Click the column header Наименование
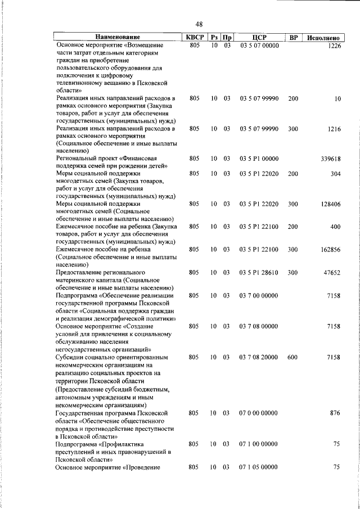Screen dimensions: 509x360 click(118, 38)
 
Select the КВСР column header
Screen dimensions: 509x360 click(195, 38)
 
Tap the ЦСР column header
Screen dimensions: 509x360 click(259, 38)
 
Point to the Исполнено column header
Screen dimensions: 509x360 click(323, 38)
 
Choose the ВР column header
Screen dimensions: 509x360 click(293, 38)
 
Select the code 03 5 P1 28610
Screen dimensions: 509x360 click(259, 272)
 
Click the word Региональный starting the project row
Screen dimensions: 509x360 click(78, 159)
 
